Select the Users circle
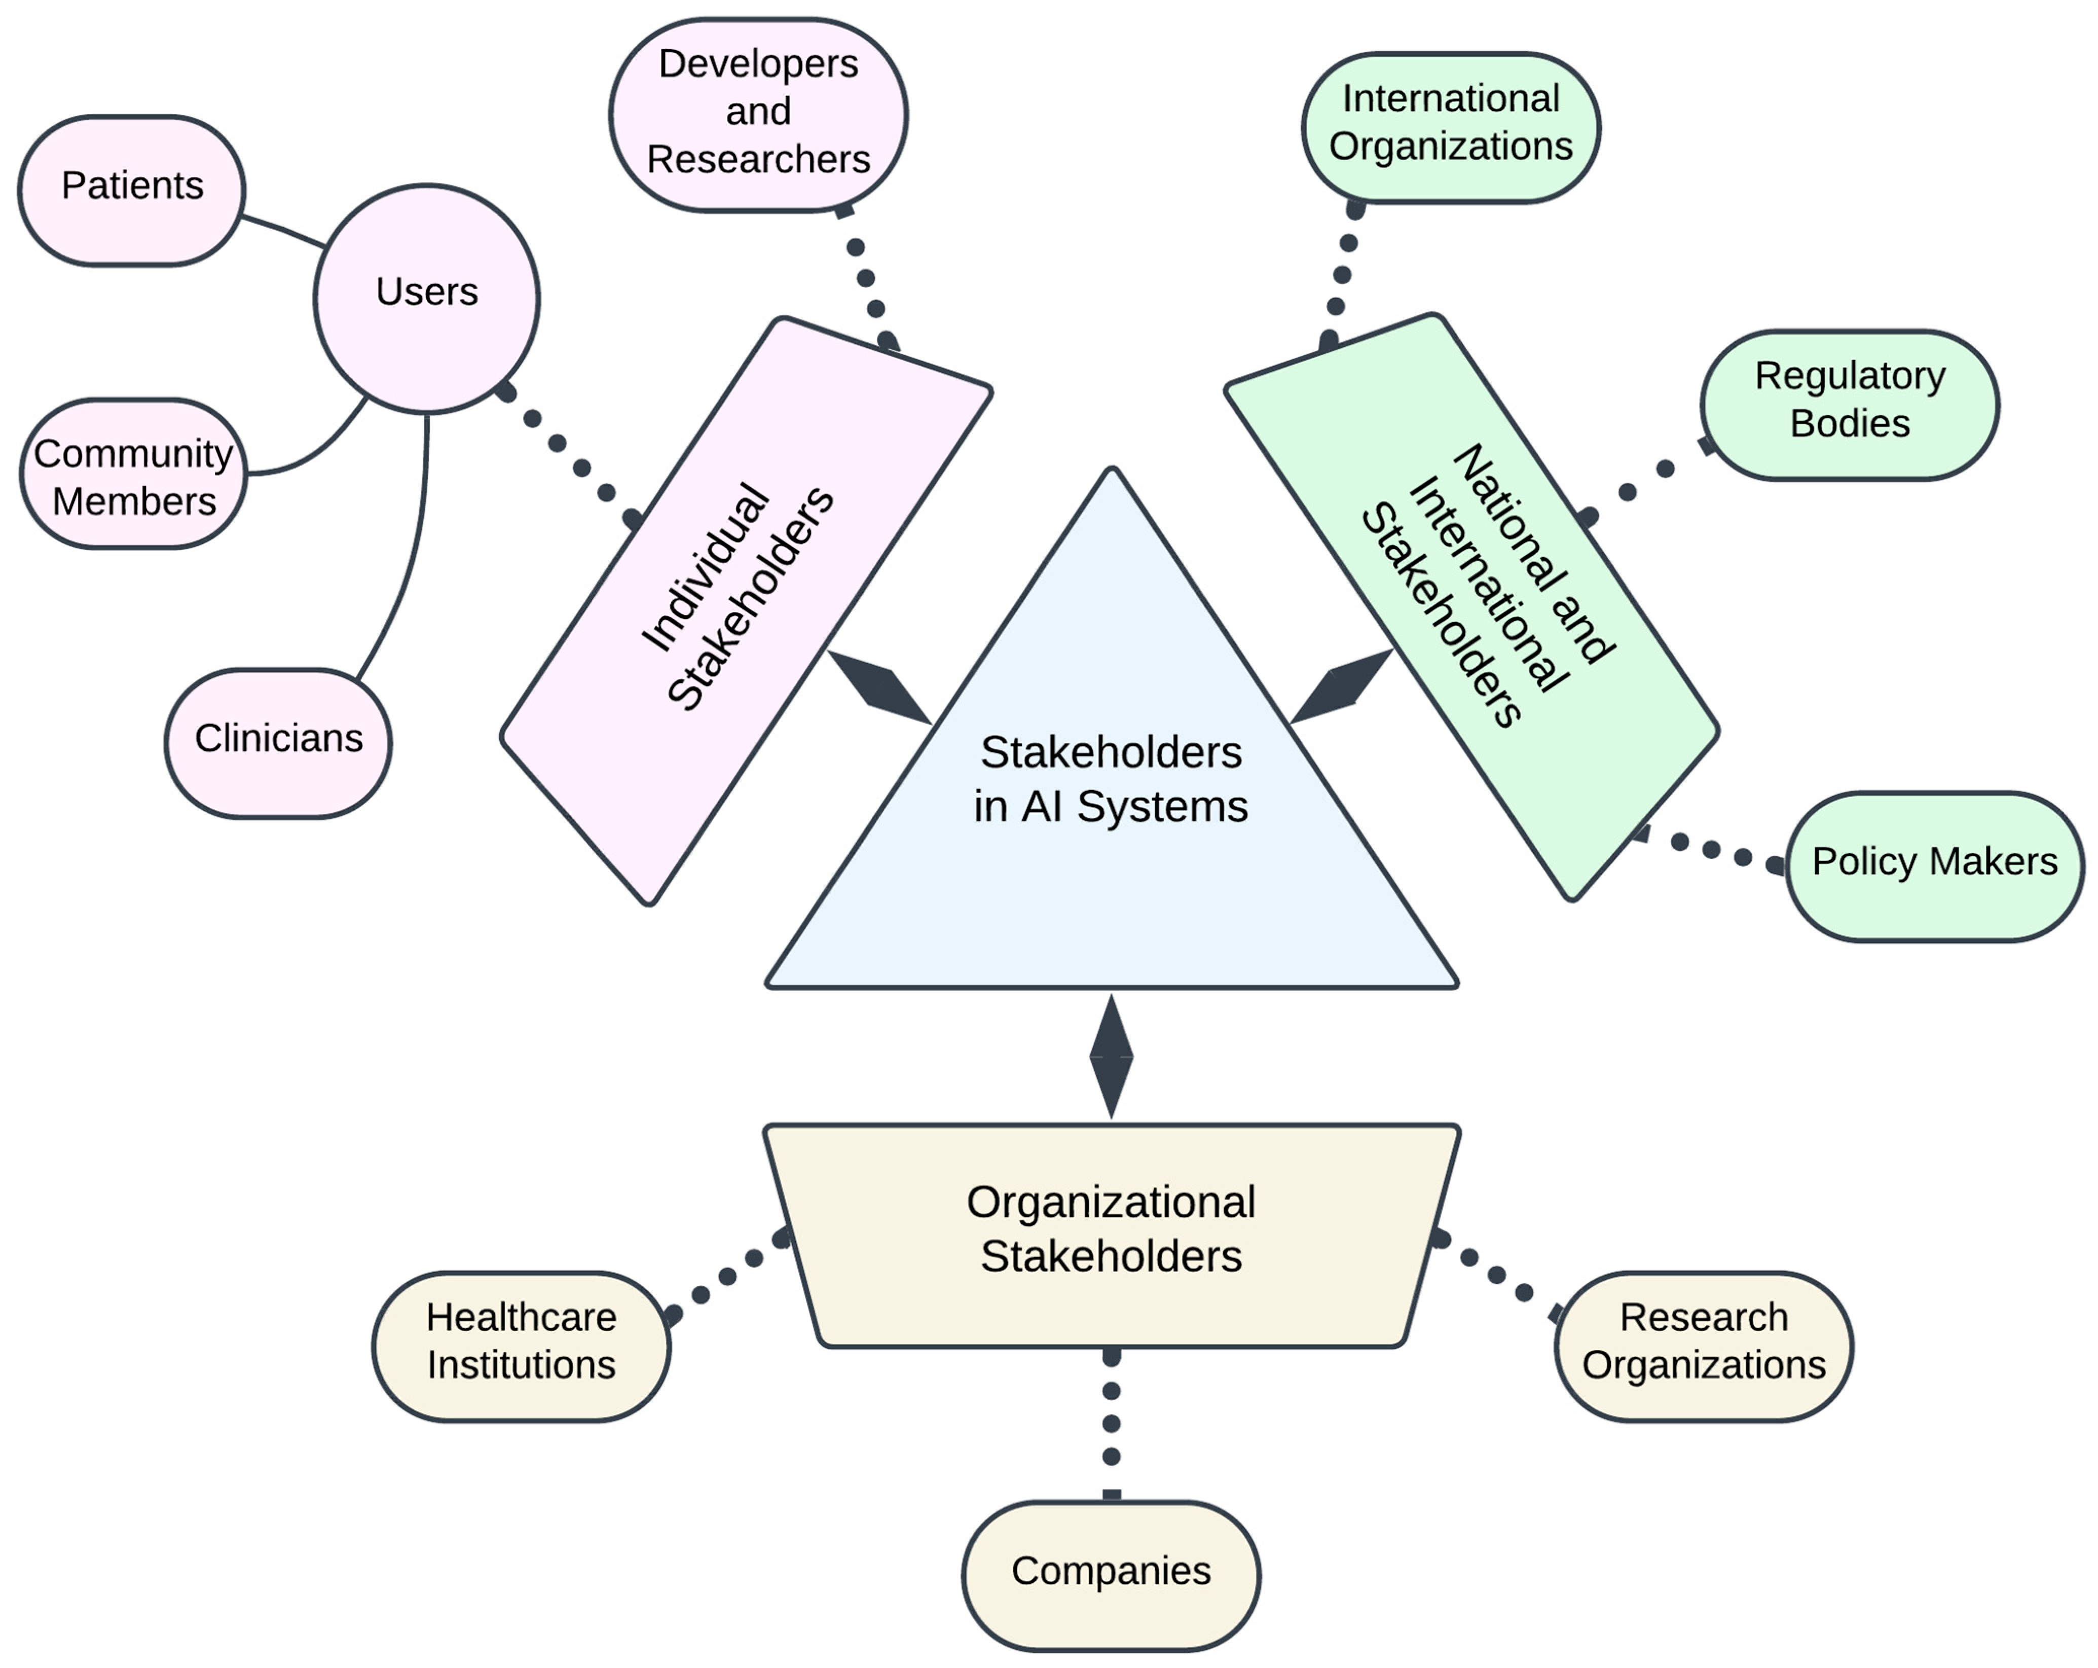[426, 297]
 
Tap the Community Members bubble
[133, 475]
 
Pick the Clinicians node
[278, 742]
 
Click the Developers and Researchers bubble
[758, 113]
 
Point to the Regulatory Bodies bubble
[1849, 403]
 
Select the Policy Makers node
[1934, 864]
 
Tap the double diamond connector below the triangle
[1110, 1056]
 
